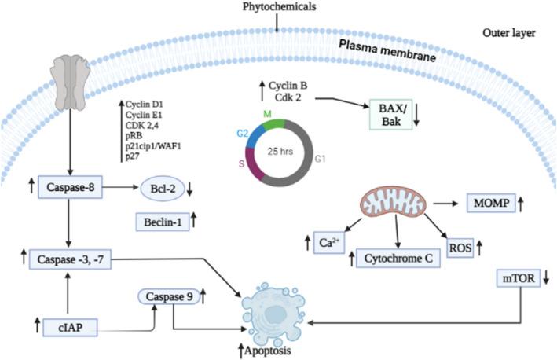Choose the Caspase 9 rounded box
point(166,296)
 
